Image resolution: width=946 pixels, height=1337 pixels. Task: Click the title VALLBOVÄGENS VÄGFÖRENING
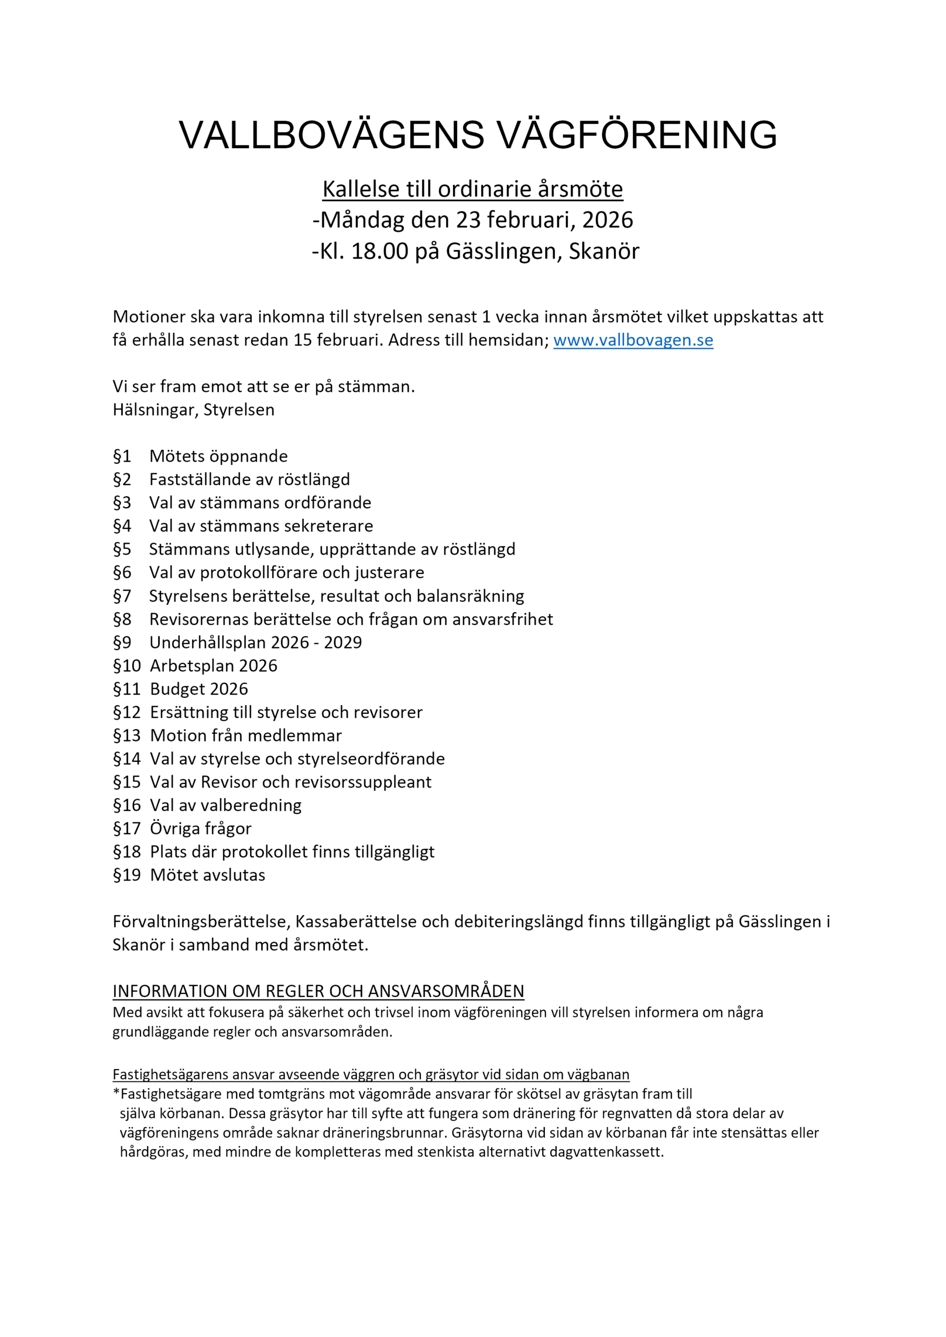(477, 135)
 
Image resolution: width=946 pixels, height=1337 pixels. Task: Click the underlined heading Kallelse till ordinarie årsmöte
(472, 189)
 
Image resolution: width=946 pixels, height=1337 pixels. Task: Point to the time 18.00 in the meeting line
(380, 251)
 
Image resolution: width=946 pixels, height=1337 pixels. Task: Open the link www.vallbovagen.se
(633, 340)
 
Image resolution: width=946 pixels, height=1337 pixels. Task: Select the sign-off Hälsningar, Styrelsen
(193, 410)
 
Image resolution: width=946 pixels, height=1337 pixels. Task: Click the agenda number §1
(122, 456)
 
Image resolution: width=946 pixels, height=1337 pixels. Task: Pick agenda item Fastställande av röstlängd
(249, 479)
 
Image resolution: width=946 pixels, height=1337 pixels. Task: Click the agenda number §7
(122, 596)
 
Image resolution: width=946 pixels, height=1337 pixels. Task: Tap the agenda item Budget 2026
(198, 689)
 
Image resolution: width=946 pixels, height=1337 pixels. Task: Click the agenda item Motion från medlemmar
(246, 735)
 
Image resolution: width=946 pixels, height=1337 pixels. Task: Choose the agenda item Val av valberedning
(226, 805)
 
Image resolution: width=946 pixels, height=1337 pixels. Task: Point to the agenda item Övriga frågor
(201, 829)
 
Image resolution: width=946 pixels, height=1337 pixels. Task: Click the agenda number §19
(126, 875)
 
